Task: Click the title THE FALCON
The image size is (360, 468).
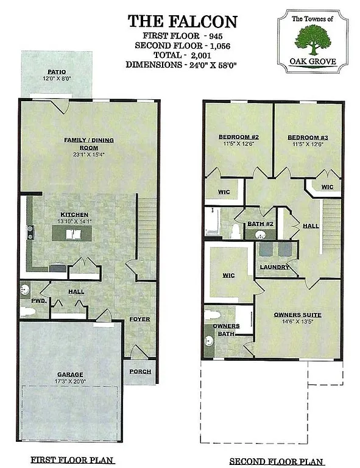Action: tap(182, 22)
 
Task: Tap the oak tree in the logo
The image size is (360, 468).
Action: tap(312, 38)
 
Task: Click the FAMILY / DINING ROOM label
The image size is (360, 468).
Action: tap(89, 144)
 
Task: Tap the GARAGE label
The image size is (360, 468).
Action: tap(71, 374)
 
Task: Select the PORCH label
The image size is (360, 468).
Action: tap(140, 371)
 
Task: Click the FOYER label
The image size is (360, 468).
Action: tap(140, 319)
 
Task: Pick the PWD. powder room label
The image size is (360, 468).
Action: tap(27, 300)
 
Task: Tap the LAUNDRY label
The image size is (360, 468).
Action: tap(274, 267)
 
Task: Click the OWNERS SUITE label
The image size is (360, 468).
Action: tap(297, 314)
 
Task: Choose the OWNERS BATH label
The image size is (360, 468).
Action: tap(226, 330)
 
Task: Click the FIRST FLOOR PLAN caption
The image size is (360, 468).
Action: tap(72, 459)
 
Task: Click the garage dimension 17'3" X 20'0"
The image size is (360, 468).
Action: tap(71, 381)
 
